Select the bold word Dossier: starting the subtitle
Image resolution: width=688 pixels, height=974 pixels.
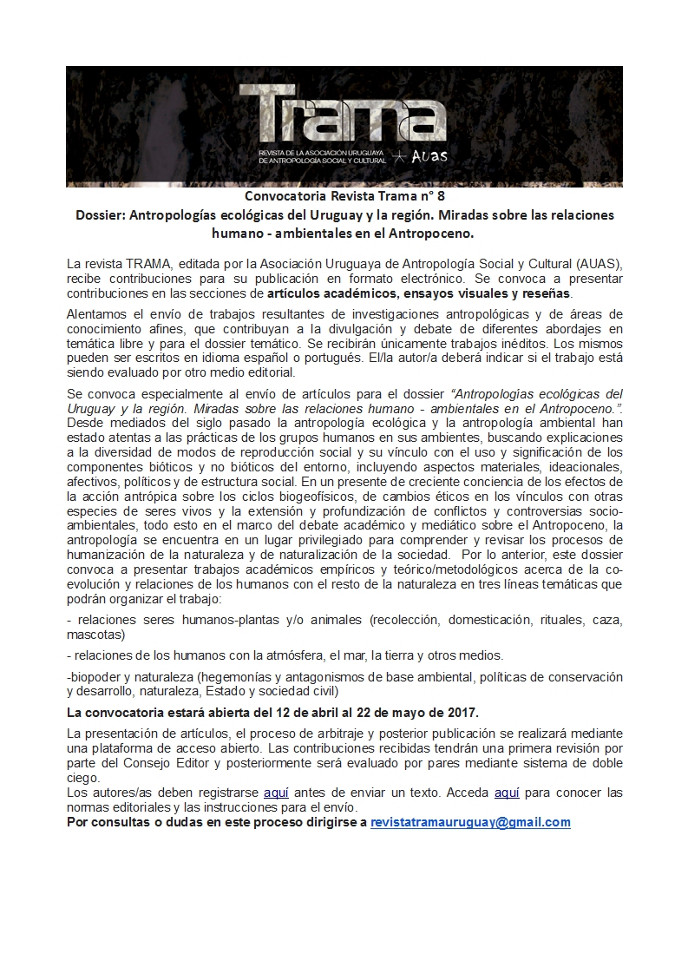click(x=100, y=214)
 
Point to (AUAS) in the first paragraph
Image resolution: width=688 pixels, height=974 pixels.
click(x=597, y=263)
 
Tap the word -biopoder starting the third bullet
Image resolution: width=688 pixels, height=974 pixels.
click(x=95, y=676)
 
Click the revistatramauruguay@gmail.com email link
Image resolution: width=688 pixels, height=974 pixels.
click(x=470, y=822)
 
